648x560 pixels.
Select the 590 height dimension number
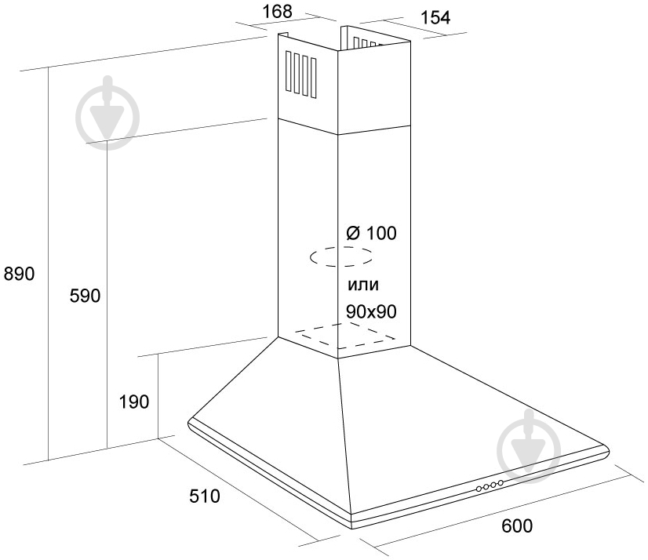[86, 296]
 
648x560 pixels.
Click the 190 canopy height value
[134, 402]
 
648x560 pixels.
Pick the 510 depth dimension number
[203, 496]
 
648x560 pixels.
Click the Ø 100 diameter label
[371, 233]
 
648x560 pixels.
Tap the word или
[362, 282]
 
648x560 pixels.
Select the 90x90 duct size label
[371, 311]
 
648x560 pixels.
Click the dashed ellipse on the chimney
[340, 257]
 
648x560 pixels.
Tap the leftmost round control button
[479, 489]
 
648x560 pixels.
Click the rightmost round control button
[501, 483]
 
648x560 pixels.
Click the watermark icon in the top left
[108, 111]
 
